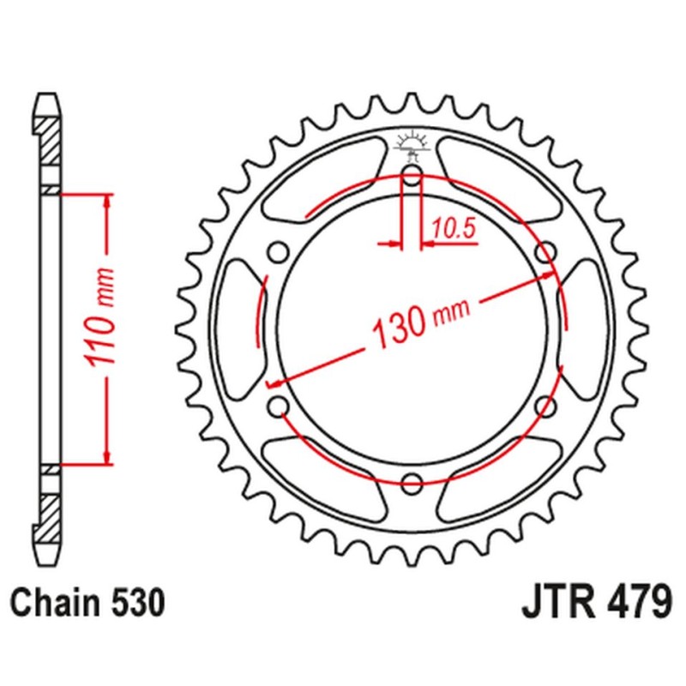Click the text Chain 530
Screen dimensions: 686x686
coord(86,603)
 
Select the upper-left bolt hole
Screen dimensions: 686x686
coord(277,252)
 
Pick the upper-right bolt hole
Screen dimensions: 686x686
coord(545,252)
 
